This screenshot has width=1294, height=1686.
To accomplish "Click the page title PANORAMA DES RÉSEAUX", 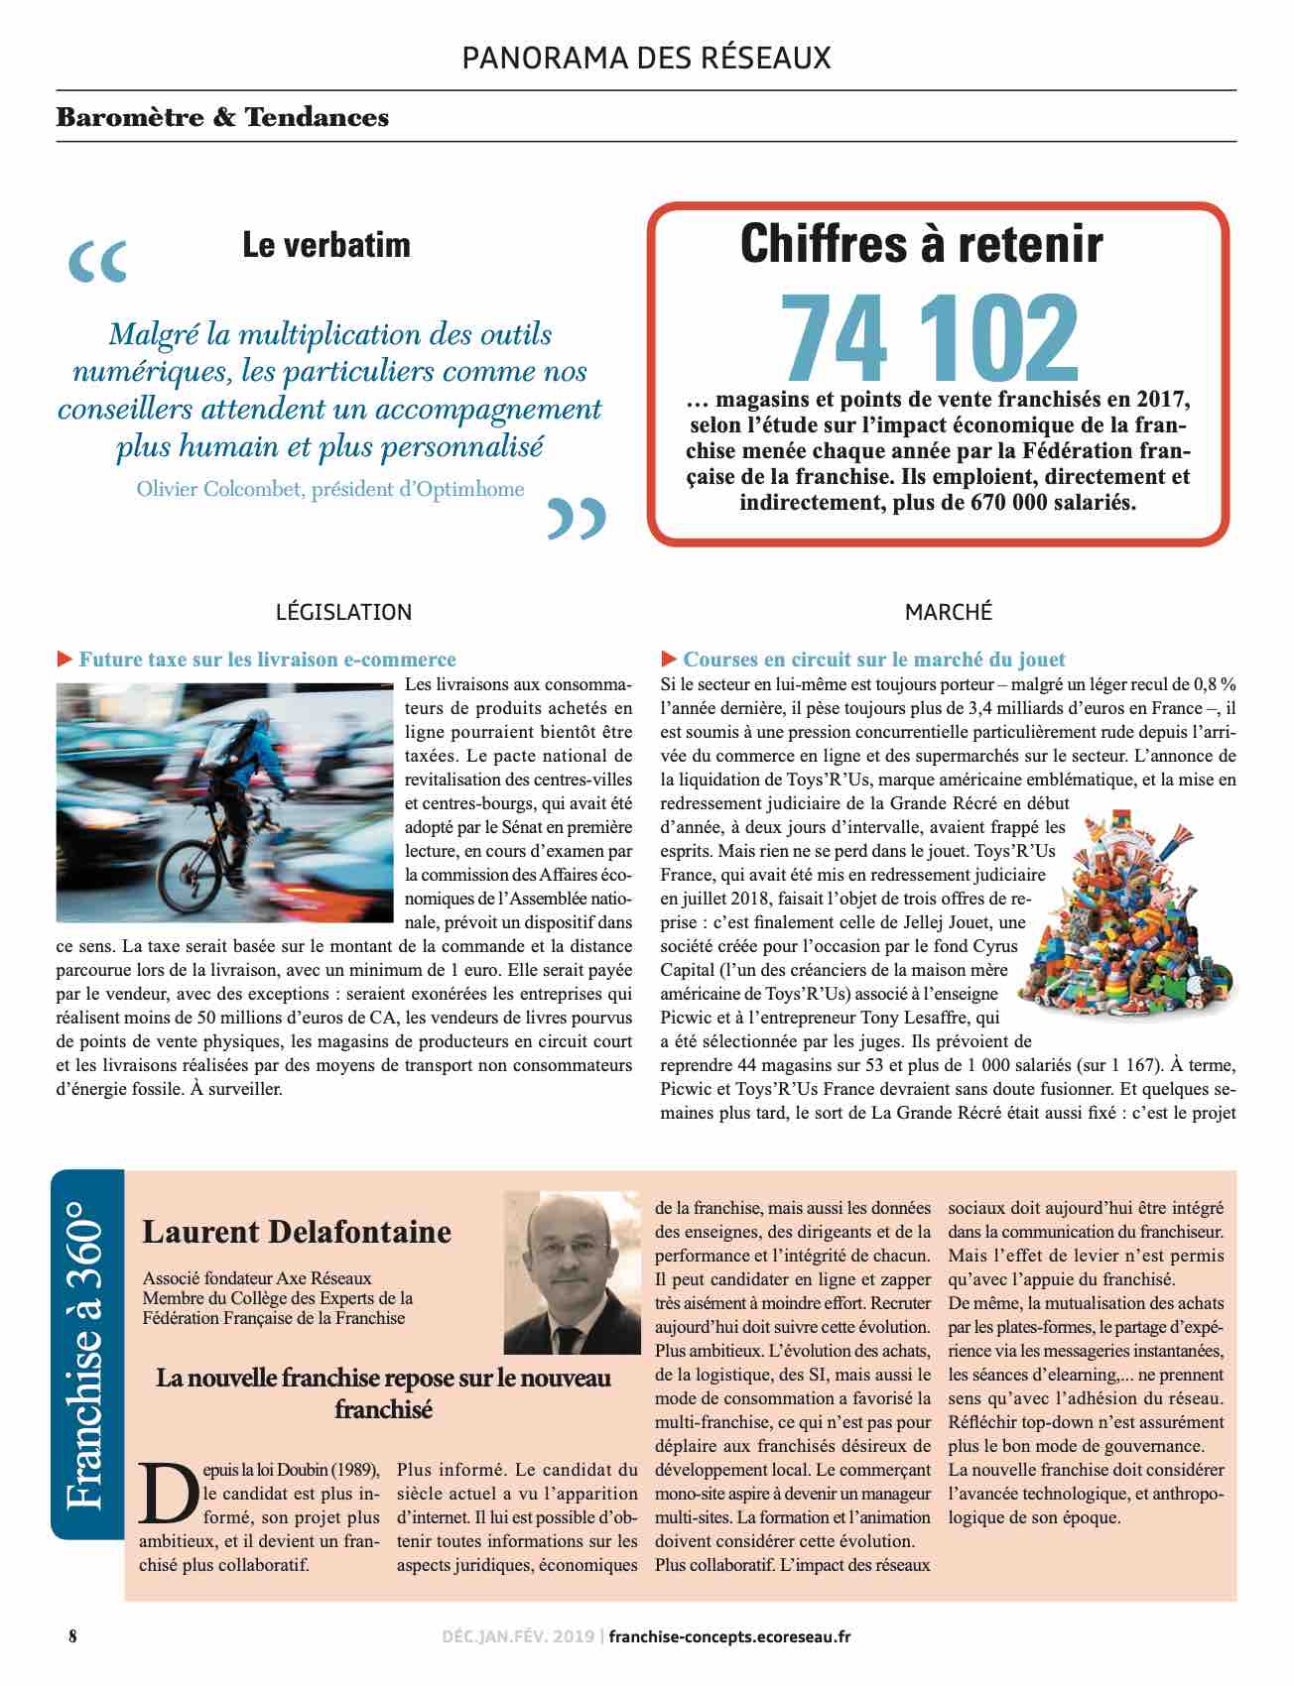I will click(x=646, y=59).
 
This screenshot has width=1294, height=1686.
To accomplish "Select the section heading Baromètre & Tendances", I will click(x=222, y=117).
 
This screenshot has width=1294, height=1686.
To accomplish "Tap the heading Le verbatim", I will click(x=325, y=245).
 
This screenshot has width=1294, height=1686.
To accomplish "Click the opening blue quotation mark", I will click(x=98, y=261).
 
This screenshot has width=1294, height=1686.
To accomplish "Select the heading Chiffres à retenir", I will click(x=921, y=244).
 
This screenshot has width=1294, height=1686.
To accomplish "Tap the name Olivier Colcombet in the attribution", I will click(x=218, y=489).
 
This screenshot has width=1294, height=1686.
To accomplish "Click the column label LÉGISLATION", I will click(x=343, y=612).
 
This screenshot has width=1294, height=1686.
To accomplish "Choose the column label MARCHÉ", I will click(x=948, y=612).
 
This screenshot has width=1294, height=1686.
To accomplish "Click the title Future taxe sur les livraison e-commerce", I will click(x=267, y=660).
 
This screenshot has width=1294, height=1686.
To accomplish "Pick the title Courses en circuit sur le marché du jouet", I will click(x=873, y=660).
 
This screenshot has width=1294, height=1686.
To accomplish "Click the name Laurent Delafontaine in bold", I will click(x=297, y=1232).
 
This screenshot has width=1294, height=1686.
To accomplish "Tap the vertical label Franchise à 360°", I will click(x=87, y=1354).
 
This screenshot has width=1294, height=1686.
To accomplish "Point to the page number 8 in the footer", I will click(x=72, y=1636).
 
